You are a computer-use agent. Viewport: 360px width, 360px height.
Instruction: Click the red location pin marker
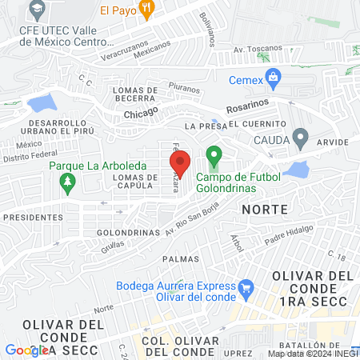point(181,163)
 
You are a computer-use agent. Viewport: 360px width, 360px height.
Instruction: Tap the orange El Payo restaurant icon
point(146,10)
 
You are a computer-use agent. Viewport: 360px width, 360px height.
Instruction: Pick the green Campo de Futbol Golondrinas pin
point(214,154)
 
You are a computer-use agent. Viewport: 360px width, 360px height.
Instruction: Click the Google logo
point(26,350)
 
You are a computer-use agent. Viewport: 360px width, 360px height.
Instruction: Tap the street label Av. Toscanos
point(253,49)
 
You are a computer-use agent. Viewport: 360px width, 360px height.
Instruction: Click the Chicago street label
point(142,114)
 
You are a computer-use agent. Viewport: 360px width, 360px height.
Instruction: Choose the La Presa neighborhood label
point(201,126)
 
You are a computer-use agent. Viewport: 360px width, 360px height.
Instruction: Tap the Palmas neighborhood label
point(179,259)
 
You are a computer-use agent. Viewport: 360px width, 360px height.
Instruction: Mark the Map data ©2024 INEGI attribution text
point(312,353)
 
